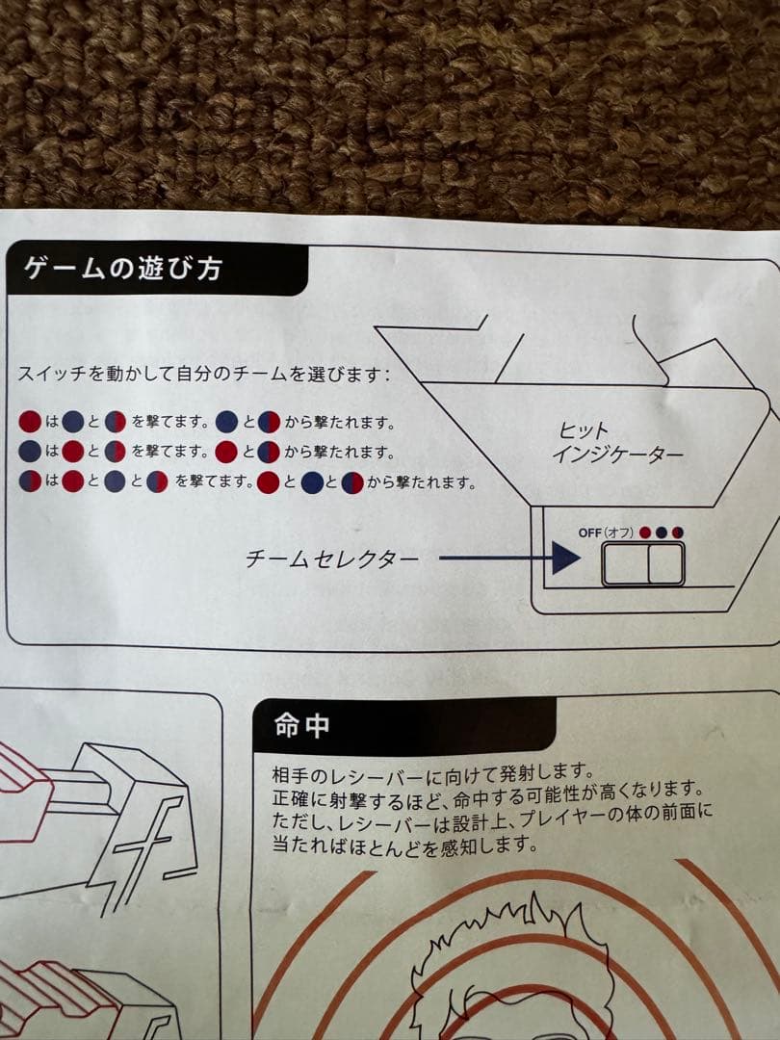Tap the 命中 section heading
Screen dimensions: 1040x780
tap(302, 726)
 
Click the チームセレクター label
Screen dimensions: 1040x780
tap(333, 559)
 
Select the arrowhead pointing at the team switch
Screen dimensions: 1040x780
tap(566, 559)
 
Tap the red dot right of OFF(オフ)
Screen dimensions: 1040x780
tap(645, 533)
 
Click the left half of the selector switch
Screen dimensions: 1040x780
tap(625, 564)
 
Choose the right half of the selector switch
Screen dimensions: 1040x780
tap(665, 564)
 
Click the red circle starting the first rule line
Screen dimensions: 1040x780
tap(30, 421)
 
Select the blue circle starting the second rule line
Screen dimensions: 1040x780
tap(30, 452)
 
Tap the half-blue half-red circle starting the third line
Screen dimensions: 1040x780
tap(30, 481)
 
